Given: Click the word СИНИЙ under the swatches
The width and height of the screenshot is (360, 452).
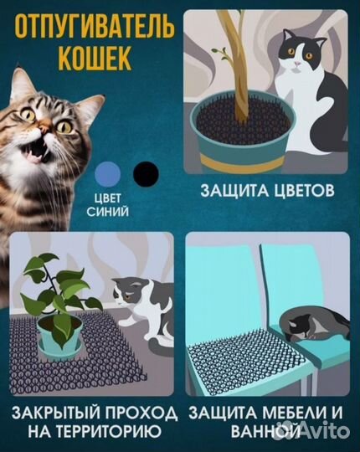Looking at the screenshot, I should (107, 213).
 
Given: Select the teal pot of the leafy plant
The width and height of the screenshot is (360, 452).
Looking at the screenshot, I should (64, 343).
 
